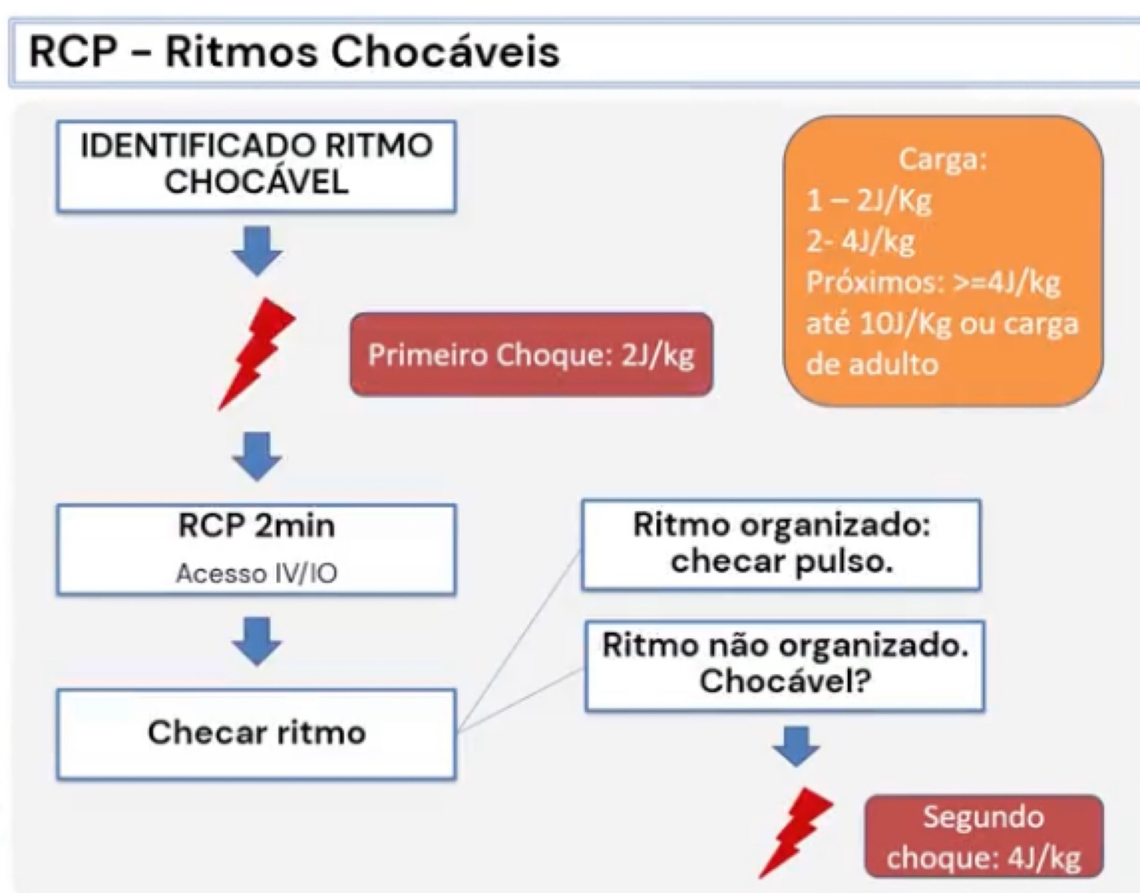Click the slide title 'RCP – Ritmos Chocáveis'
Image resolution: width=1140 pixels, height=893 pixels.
[294, 51]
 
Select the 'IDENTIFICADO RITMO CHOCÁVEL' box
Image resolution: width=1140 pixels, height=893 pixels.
[256, 165]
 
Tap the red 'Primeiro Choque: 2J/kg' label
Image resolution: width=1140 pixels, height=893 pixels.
[531, 355]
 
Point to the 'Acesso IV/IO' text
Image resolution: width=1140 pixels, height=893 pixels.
[256, 573]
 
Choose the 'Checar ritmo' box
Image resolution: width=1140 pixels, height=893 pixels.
[256, 733]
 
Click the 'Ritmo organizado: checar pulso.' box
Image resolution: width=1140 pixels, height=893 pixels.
[781, 543]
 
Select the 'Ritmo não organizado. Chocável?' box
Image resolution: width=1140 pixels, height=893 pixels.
[784, 664]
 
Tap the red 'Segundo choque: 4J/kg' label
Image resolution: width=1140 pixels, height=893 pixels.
[984, 837]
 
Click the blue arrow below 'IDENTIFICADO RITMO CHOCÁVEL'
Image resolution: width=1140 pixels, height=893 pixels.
[257, 250]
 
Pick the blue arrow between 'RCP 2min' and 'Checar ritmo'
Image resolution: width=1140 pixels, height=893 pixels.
[257, 640]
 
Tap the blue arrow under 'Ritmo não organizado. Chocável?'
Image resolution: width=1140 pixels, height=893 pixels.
[796, 745]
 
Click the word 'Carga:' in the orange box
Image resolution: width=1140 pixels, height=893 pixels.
[943, 159]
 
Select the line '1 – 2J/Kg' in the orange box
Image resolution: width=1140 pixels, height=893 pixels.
[868, 200]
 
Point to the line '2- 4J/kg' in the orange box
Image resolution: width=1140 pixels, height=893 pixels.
[861, 241]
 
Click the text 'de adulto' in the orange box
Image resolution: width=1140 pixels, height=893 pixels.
[873, 364]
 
